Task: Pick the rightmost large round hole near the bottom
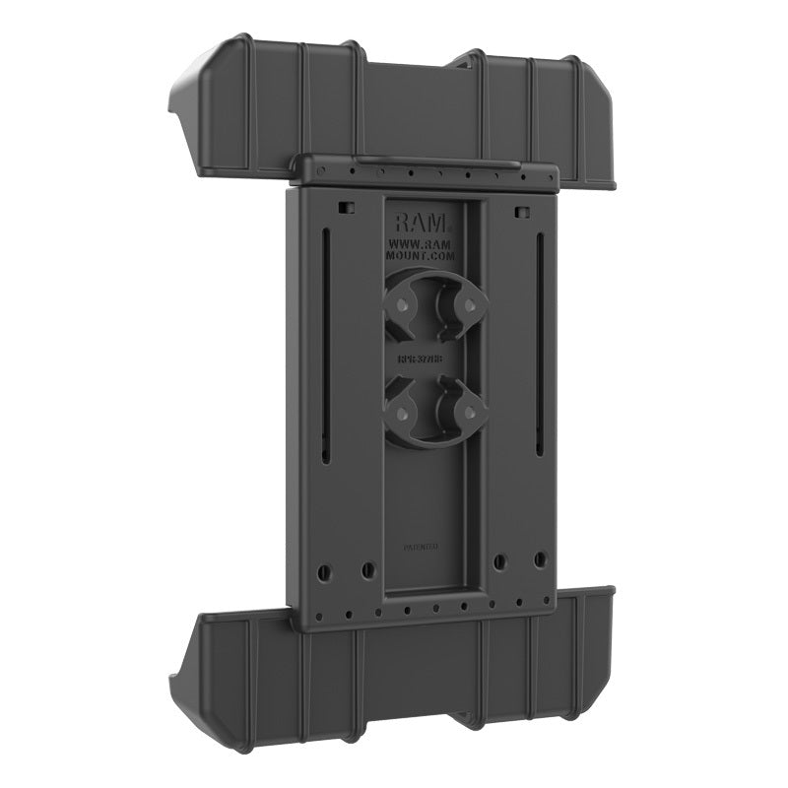pyautogui.click(x=540, y=559)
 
